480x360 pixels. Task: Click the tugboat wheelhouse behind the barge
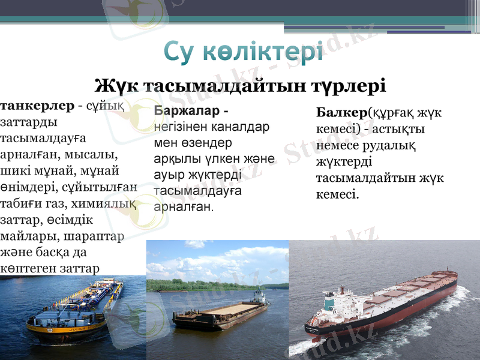[259, 295]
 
